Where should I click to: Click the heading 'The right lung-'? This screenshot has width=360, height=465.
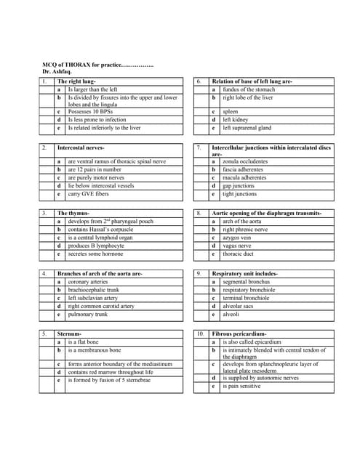click(77, 81)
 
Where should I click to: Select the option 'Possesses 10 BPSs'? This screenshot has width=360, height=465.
click(91, 112)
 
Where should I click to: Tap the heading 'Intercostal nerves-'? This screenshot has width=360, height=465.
click(81, 147)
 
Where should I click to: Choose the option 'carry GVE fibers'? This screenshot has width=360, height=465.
click(88, 195)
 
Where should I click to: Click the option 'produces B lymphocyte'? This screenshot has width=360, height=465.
click(96, 246)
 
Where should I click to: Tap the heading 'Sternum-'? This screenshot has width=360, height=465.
click(71, 333)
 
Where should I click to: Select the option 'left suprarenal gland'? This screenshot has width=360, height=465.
click(247, 128)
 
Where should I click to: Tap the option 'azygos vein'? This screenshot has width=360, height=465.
click(238, 238)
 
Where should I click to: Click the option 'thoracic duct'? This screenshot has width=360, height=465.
click(239, 254)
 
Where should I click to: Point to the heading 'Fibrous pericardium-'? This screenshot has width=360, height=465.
click(240, 333)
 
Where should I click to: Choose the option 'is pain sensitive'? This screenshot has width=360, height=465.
click(243, 386)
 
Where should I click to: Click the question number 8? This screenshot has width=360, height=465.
click(198, 214)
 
